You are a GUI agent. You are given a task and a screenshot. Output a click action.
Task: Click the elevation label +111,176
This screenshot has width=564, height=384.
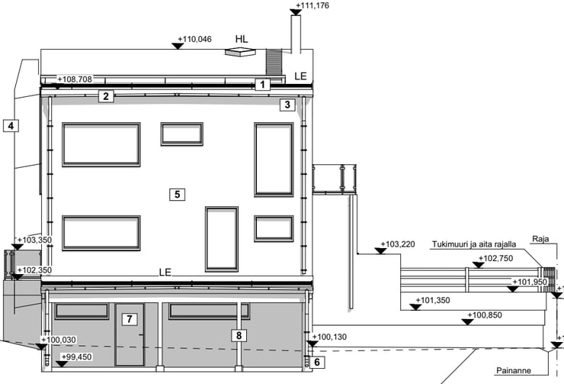click(x=312, y=5)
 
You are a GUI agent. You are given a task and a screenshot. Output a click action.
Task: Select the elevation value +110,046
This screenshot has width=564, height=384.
click(x=194, y=39)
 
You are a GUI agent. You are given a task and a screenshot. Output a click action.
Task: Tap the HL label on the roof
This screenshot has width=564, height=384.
click(x=242, y=39)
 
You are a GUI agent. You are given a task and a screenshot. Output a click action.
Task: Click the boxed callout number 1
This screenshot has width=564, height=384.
click(x=263, y=85)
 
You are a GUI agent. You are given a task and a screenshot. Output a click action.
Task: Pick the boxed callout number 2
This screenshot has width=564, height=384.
click(x=106, y=96)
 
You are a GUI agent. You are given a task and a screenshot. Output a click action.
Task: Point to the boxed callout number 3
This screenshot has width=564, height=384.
click(x=287, y=105)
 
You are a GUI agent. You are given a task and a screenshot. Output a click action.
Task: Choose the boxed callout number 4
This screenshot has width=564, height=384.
click(x=11, y=126)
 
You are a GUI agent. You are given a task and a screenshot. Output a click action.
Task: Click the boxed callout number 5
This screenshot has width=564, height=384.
click(x=177, y=195)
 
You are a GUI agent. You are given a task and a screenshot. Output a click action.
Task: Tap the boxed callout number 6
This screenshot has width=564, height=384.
click(x=317, y=362)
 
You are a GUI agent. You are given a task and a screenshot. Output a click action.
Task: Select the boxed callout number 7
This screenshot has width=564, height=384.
click(x=130, y=319)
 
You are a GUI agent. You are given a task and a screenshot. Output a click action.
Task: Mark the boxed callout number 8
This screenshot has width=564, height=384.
click(x=239, y=336)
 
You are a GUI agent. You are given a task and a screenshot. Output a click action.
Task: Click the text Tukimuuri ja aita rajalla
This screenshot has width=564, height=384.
click(x=474, y=244)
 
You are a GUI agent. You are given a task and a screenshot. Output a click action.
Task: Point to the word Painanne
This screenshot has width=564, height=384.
click(x=514, y=370)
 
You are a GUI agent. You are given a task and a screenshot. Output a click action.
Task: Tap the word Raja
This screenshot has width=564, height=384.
click(x=540, y=239)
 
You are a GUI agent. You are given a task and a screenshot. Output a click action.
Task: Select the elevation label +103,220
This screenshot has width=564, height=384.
click(x=398, y=244)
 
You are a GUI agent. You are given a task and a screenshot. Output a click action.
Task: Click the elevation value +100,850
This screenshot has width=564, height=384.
click(x=485, y=315)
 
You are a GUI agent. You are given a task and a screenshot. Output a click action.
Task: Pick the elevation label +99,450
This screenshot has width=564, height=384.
click(x=77, y=357)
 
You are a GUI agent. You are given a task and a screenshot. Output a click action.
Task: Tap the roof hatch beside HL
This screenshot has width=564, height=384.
click(x=240, y=52)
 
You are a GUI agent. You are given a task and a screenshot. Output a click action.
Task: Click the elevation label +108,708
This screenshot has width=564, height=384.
click(x=75, y=79)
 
